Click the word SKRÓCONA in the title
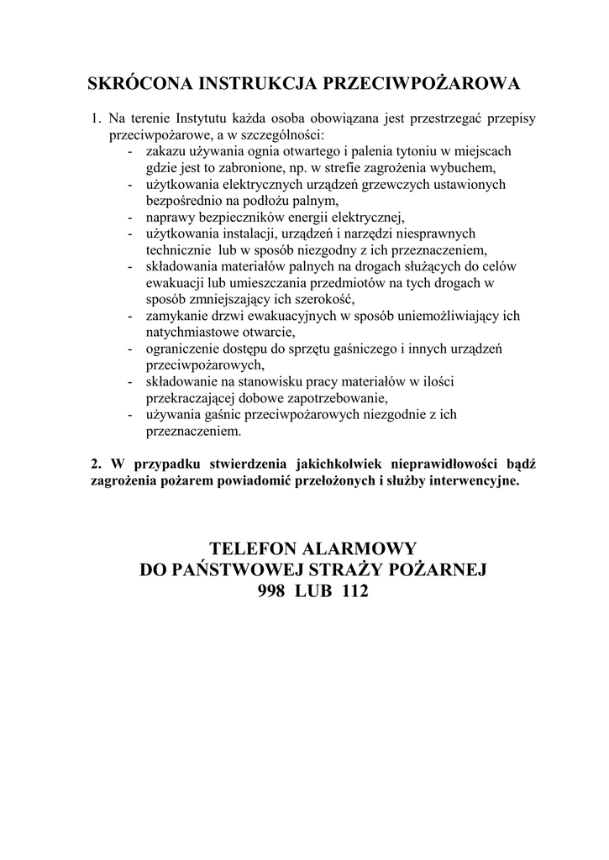[139, 84]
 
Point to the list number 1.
[96, 119]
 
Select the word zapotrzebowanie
[340, 397]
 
